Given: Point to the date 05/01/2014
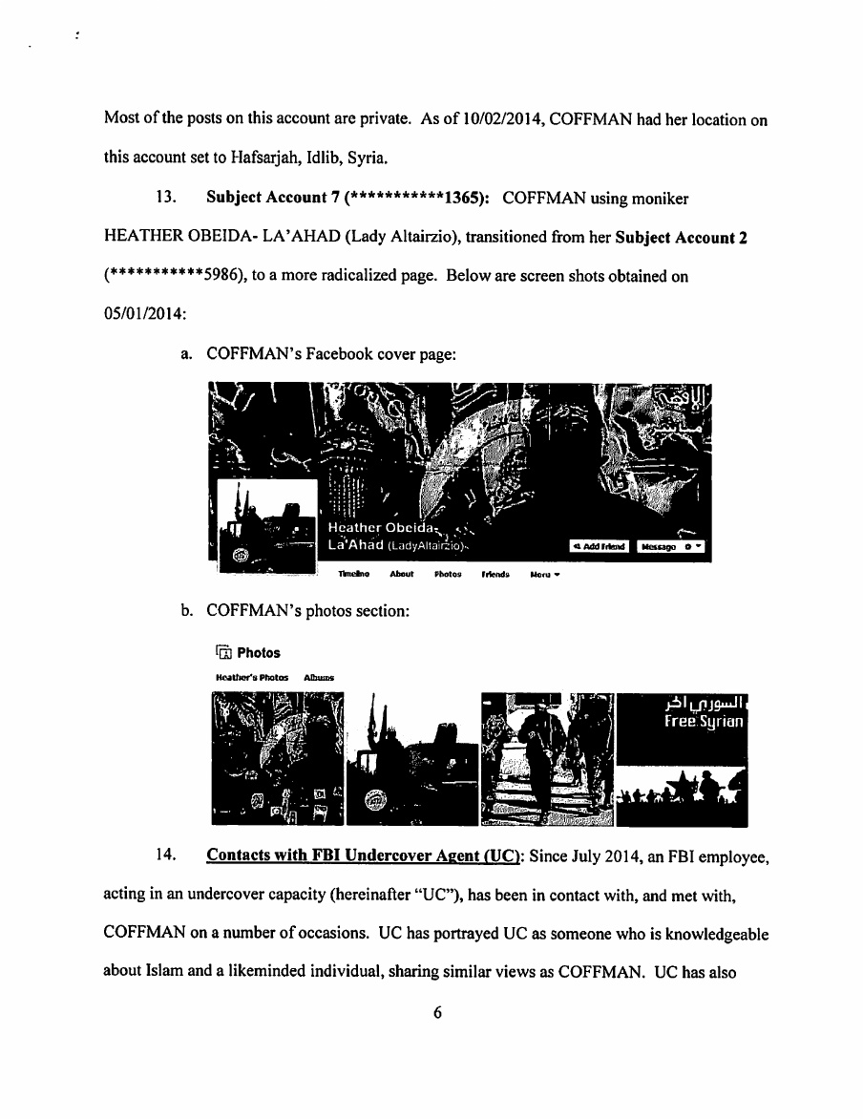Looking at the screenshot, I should [141, 311].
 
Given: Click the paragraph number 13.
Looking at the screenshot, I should [164, 197].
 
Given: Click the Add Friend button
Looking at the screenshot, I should [599, 546].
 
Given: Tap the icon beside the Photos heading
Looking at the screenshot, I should [223, 653].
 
